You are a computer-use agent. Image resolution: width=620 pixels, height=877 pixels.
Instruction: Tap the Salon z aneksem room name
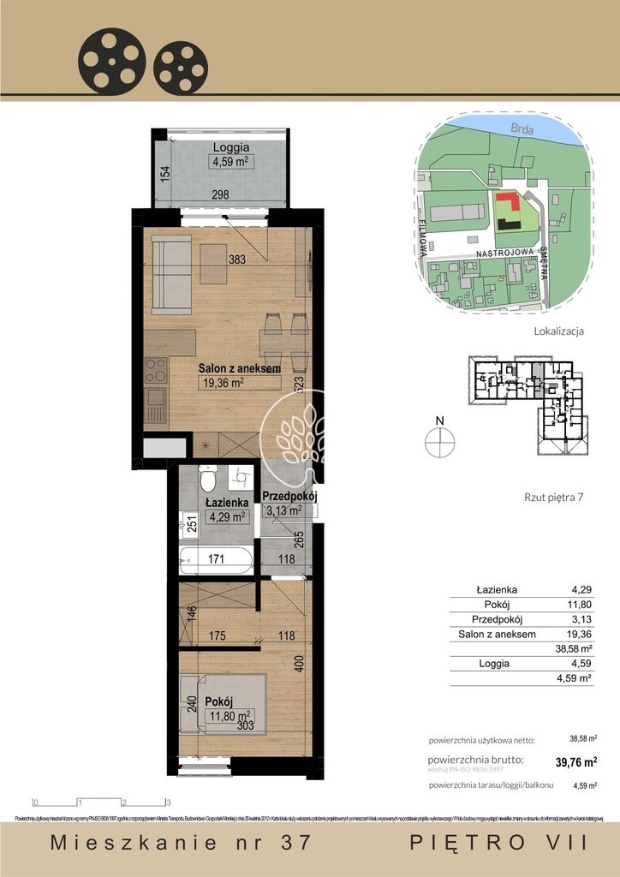(x=240, y=367)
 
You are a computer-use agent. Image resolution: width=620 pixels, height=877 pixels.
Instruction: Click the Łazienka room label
(x=227, y=503)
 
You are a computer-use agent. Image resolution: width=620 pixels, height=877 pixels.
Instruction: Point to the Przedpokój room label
(x=290, y=496)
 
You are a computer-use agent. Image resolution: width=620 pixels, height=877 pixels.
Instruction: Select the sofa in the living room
(x=170, y=274)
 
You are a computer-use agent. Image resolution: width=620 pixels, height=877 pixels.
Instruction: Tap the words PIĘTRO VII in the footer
(x=499, y=842)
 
